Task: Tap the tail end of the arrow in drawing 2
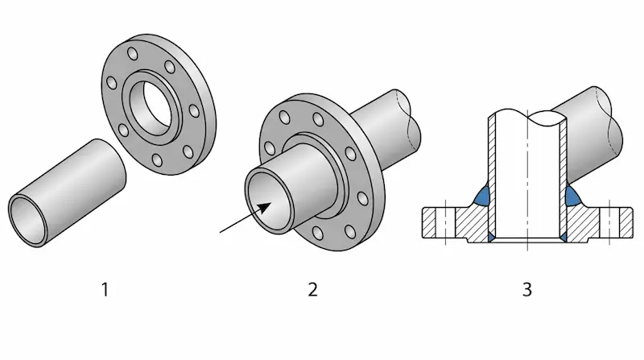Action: (x=221, y=233)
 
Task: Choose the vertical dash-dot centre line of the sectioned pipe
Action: (x=528, y=177)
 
